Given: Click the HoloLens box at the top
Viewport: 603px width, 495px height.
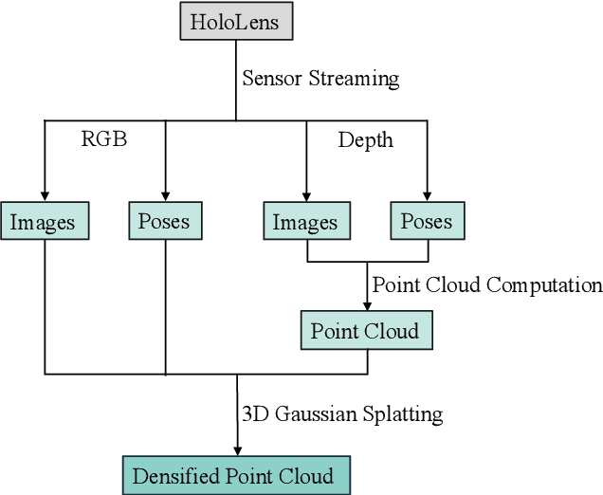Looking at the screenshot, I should (236, 20).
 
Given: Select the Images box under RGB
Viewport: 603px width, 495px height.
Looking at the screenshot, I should (44, 222).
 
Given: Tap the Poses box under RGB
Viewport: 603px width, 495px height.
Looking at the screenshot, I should (165, 221).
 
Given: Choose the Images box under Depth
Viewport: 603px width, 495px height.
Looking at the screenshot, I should (305, 222).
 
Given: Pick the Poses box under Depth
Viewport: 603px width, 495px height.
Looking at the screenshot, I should (427, 221).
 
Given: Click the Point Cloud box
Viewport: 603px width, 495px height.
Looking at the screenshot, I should (365, 331).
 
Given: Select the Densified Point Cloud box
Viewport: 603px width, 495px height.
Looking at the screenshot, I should (236, 475).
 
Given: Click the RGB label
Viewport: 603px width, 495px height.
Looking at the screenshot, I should (104, 140).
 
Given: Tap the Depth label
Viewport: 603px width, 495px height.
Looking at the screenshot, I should (366, 140).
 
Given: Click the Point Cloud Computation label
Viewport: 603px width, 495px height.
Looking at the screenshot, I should (486, 284).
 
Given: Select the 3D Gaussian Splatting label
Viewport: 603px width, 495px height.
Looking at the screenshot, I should (342, 413).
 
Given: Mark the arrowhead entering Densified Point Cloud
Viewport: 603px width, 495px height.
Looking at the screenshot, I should (236, 450).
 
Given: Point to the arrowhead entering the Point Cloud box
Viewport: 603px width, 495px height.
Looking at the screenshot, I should (367, 305).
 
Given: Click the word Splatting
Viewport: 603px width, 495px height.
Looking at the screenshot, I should (404, 414).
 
